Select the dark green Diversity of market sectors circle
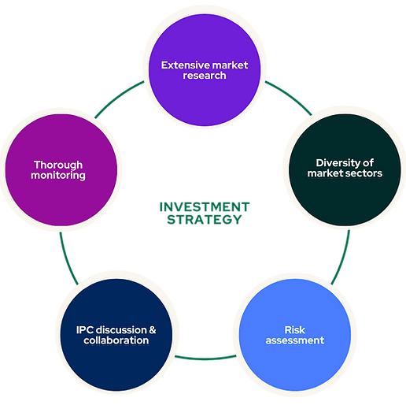[x=345, y=167]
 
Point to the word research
[x=203, y=76]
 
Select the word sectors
[x=364, y=173]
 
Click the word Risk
[x=294, y=329]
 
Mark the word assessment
[x=294, y=340]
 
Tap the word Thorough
[x=59, y=165]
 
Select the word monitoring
[x=59, y=176]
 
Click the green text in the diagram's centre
[x=203, y=210]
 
